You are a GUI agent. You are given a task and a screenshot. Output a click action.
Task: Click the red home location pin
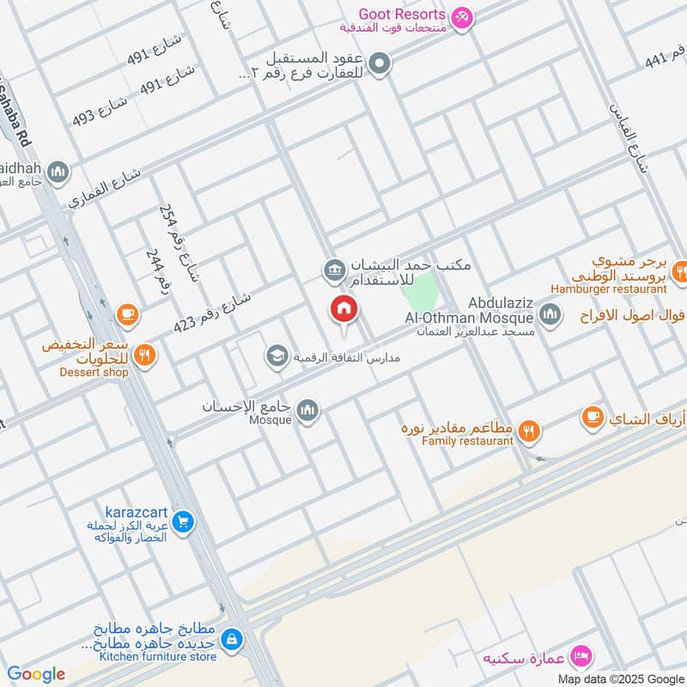[344, 310]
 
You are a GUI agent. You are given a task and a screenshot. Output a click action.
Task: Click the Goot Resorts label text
[402, 15]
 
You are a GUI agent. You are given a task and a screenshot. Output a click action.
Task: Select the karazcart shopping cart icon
[182, 520]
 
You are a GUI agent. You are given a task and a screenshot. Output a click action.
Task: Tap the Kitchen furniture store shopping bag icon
[231, 639]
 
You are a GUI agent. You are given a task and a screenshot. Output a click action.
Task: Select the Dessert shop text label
[94, 373]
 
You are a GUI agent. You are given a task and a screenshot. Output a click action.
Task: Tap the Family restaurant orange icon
[530, 432]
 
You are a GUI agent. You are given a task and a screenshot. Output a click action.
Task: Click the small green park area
[420, 292]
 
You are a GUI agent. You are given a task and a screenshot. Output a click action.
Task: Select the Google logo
[35, 673]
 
